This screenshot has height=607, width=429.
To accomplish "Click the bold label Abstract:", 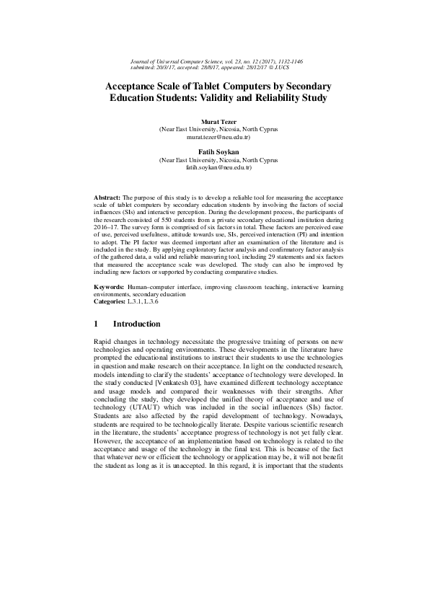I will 108,197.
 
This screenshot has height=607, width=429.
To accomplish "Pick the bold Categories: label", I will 112,301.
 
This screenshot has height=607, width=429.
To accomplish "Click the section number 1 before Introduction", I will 97,324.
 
